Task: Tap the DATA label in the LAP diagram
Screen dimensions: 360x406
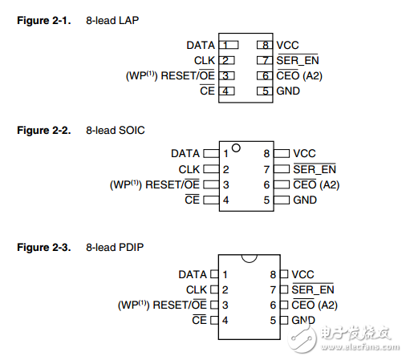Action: pos(201,45)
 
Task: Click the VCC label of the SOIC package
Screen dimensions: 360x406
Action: pos(305,153)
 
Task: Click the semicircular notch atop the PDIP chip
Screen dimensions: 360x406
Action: pos(249,257)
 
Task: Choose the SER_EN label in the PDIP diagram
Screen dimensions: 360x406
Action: pos(313,289)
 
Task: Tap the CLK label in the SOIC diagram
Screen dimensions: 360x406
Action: pos(189,169)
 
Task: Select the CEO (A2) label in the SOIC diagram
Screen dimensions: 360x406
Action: pos(315,184)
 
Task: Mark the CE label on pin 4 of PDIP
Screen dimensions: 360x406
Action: pos(200,320)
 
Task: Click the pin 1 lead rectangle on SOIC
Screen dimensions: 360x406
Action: pos(211,153)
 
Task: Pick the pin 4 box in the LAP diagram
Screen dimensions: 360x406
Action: pos(228,91)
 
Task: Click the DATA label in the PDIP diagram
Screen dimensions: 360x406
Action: pos(193,274)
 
